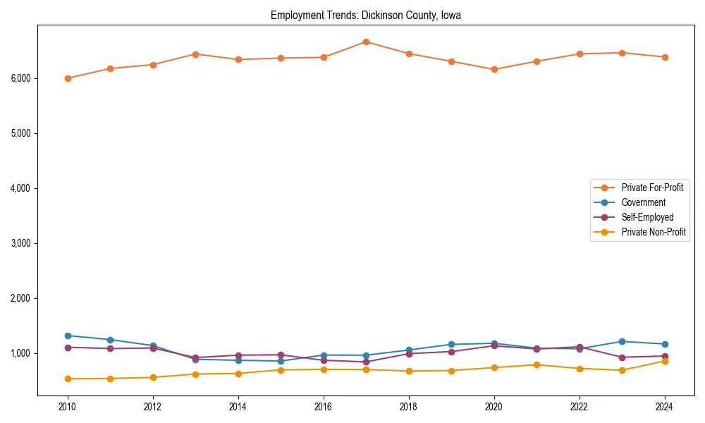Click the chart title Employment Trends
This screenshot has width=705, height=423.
tap(365, 16)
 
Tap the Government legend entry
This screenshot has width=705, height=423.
tap(643, 202)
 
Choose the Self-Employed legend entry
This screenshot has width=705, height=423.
tap(647, 217)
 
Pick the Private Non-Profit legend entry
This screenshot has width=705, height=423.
tap(654, 232)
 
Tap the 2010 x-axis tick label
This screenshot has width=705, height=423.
tap(68, 407)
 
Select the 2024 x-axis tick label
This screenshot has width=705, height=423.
tap(664, 407)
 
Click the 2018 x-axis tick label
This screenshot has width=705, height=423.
tap(408, 407)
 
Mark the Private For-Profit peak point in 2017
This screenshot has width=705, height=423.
tap(366, 42)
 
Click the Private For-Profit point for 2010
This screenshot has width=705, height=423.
tap(68, 78)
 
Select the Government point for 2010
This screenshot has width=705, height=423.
tap(68, 336)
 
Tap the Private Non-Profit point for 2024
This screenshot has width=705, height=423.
tap(664, 361)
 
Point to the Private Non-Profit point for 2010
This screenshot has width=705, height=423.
tap(68, 379)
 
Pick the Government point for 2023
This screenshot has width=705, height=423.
tap(622, 341)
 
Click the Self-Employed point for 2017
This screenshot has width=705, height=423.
tap(366, 362)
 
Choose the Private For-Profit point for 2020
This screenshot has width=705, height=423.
tap(494, 69)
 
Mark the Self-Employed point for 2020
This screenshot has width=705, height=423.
tap(494, 345)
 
